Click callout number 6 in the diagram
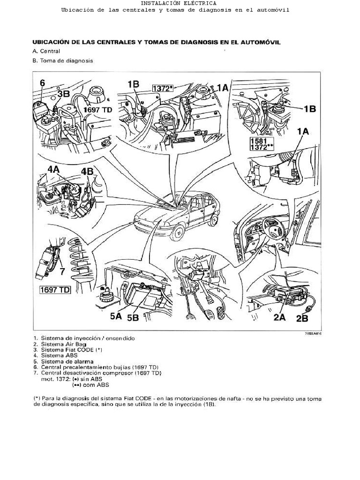click(x=42, y=83)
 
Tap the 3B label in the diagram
click(x=63, y=93)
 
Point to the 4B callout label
click(x=87, y=172)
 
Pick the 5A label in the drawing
click(x=116, y=317)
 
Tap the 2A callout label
click(x=279, y=317)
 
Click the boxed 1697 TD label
click(x=54, y=289)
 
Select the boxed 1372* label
click(x=163, y=88)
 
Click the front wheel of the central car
click(x=177, y=232)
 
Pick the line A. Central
click(x=46, y=51)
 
